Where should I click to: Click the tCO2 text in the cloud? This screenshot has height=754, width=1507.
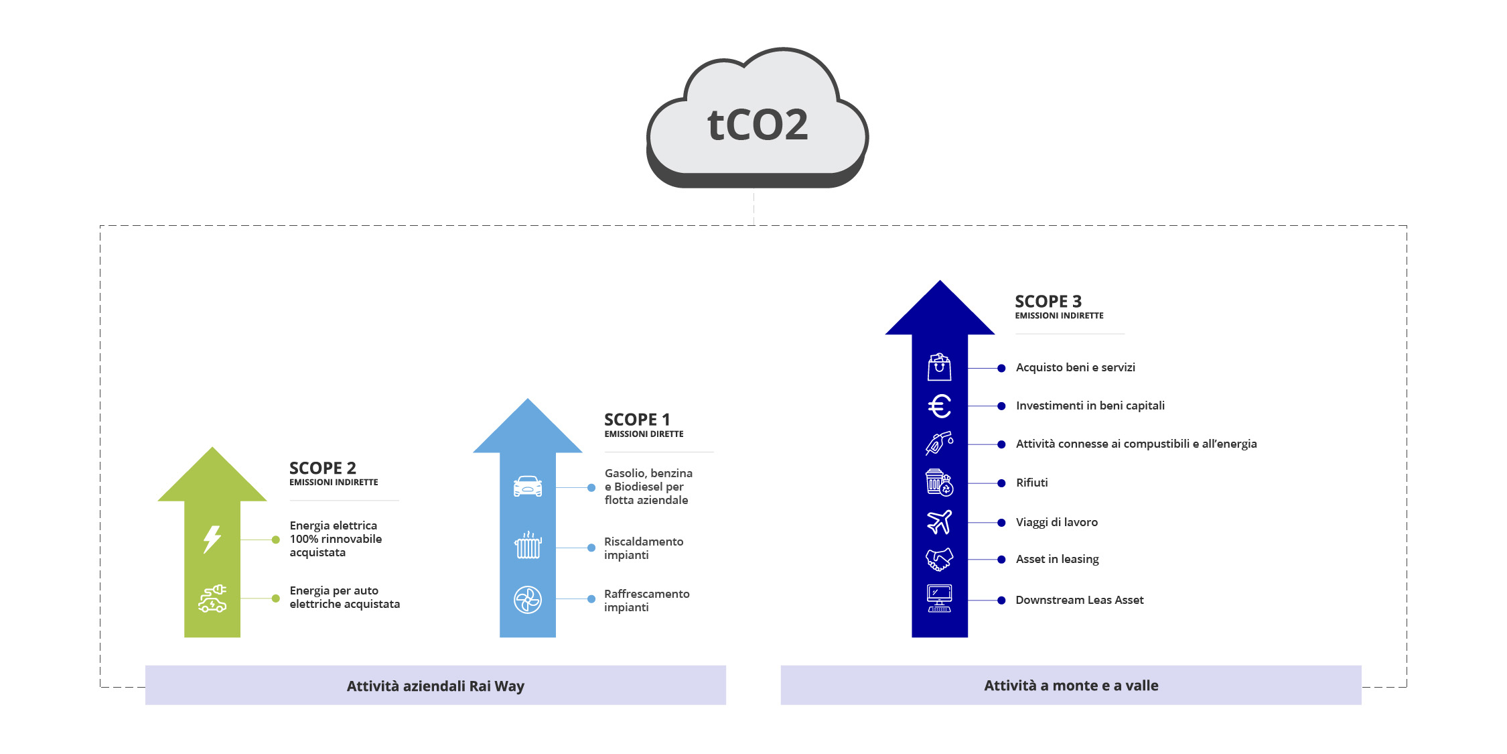[x=758, y=125]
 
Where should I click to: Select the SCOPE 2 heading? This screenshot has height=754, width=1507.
[x=322, y=468]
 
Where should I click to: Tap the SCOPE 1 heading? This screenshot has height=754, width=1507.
[x=636, y=420]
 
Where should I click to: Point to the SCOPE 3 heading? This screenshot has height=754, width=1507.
[x=1048, y=302]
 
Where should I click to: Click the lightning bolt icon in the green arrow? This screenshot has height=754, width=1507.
[x=212, y=539]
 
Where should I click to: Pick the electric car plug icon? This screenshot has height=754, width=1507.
[x=212, y=599]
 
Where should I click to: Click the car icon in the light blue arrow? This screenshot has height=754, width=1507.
[x=528, y=486]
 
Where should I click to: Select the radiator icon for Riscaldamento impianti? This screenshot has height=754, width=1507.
[x=528, y=546]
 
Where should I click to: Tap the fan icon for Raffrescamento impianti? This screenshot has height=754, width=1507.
[x=528, y=600]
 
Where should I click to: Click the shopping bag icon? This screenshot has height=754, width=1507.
[x=939, y=367]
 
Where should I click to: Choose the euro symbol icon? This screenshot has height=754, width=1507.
[x=939, y=406]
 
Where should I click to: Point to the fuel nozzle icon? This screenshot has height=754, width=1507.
[x=939, y=443]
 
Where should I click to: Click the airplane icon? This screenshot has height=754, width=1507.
[x=939, y=521]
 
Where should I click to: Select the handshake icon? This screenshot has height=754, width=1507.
[x=939, y=559]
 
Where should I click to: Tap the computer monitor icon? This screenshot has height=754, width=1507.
[x=939, y=598]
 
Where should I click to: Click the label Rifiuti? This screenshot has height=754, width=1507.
[x=1031, y=483]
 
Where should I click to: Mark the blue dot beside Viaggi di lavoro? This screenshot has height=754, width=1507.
[x=1001, y=523]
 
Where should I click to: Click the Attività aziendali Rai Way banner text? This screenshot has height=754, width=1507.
[x=435, y=686]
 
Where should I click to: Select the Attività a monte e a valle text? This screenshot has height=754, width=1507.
[x=1071, y=685]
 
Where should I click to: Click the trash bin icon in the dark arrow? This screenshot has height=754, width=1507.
[x=939, y=483]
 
